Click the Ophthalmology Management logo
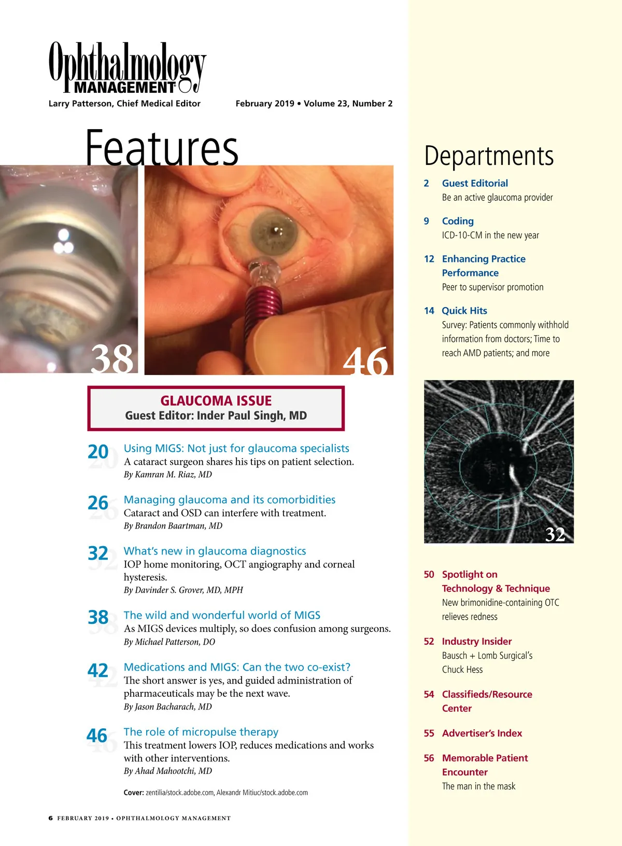pos(127,68)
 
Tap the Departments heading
pos(489,156)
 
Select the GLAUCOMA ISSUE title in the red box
pos(216,400)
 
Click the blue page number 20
pos(98,452)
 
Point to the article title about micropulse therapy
pos(201,732)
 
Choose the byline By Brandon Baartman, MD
pos(173,525)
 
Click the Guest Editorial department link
pos(474,183)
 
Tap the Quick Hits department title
pos(464,311)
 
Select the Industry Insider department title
pos(476,642)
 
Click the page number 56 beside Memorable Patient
pos(429,758)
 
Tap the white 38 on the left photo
pos(112,358)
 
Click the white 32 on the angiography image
pos(555,534)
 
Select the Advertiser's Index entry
pos(482,733)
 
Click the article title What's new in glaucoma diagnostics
pos(215,551)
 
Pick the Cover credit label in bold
pos(134,793)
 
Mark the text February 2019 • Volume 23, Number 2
pos(314,104)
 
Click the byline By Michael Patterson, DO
pos(169,642)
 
